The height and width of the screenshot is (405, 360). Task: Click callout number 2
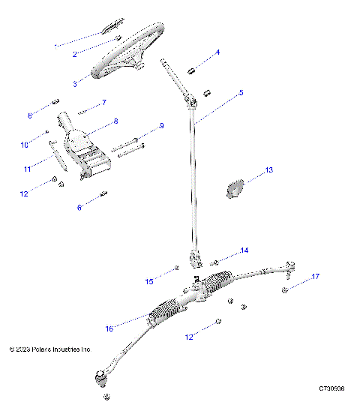coord(75,55)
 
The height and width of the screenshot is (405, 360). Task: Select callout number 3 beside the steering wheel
coord(75,84)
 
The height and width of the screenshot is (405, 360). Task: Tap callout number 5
coord(241,93)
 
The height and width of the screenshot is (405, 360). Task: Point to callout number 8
coord(115,121)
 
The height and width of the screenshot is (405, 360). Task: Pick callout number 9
coord(160,126)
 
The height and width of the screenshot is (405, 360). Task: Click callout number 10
coord(23,145)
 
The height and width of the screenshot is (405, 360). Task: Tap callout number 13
coord(269,171)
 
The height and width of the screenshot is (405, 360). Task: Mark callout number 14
coord(244,250)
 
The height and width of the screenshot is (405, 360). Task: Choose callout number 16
coord(110,328)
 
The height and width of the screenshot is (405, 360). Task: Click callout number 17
coord(316,277)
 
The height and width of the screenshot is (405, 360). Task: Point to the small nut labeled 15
coord(177,268)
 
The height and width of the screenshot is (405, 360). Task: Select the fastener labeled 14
coord(214,262)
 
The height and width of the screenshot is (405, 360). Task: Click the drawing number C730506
coord(331,388)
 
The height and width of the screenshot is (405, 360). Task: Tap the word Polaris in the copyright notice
coord(44,349)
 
